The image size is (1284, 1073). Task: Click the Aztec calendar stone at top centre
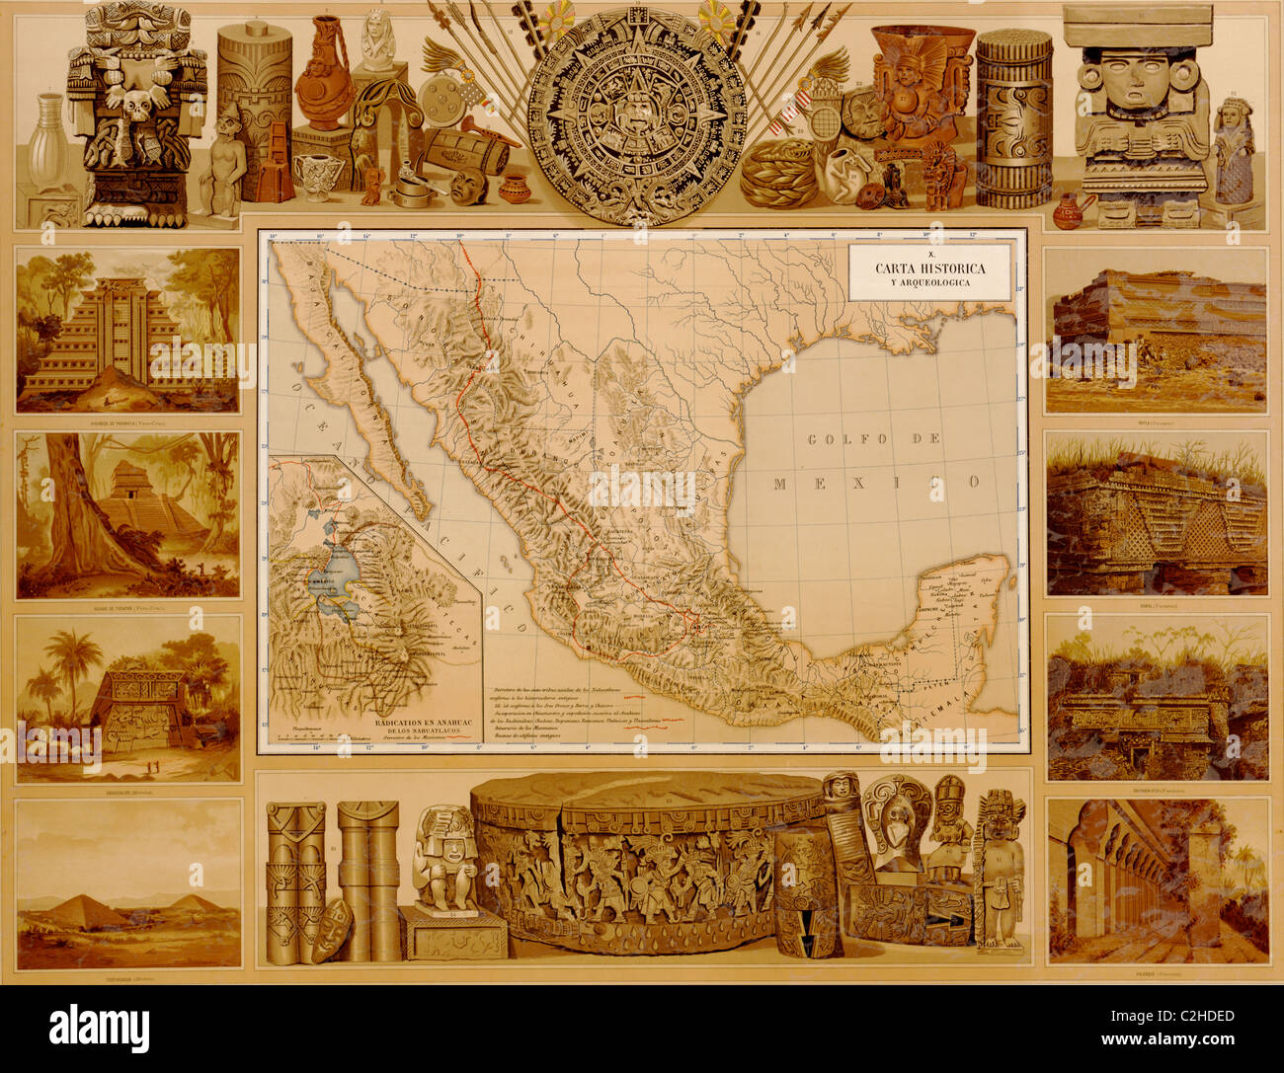(636, 116)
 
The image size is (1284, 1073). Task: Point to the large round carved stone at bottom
(647, 864)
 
